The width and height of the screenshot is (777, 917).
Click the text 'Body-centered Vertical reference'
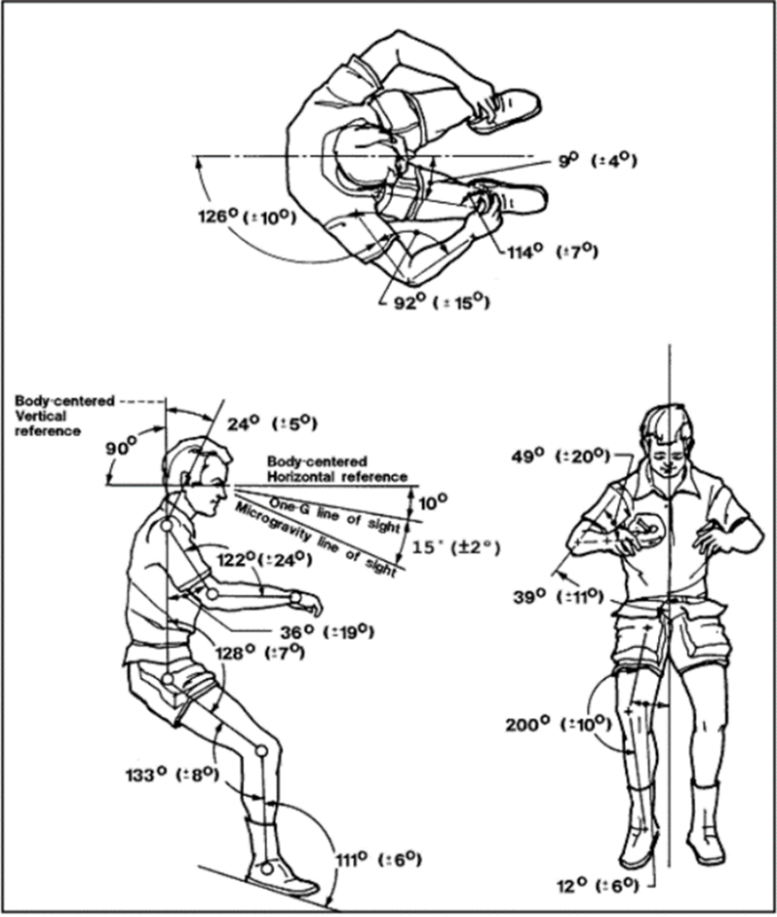(x=64, y=416)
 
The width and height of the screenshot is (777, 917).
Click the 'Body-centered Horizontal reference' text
(x=337, y=468)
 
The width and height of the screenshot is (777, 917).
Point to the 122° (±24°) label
(x=264, y=561)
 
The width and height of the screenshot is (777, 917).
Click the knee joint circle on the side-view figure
(x=260, y=750)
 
